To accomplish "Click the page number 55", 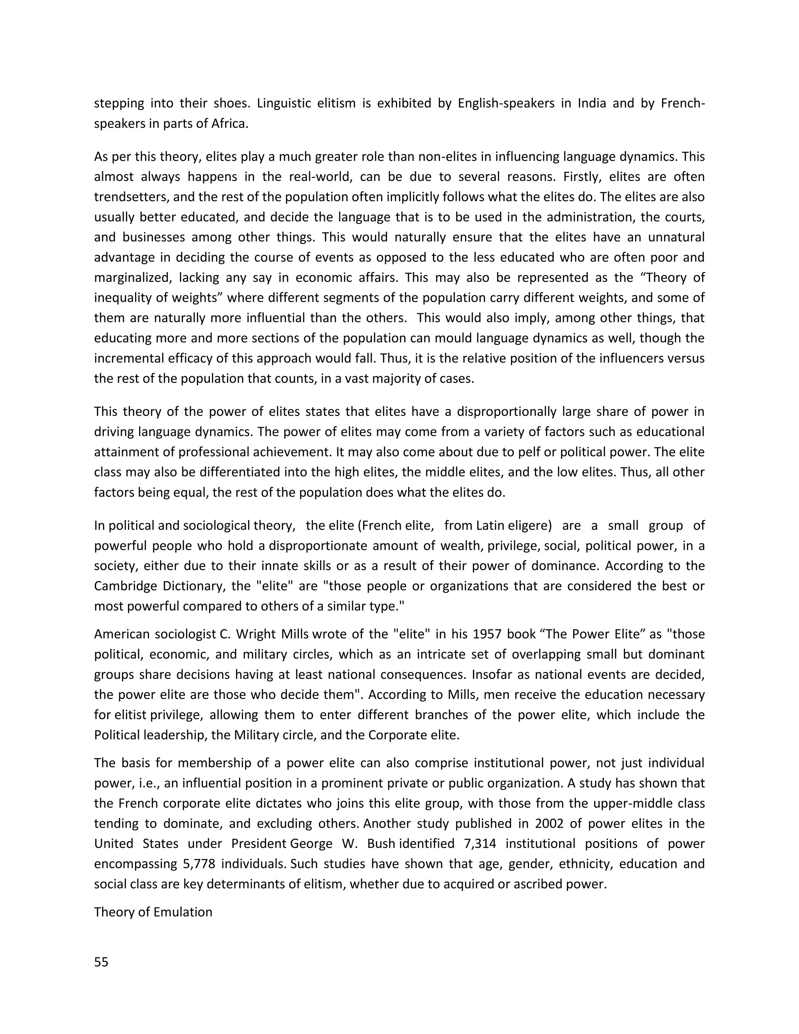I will pyautogui.click(x=101, y=962).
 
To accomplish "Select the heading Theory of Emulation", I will pyautogui.click(x=153, y=912).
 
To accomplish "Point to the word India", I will pyautogui.click(x=592, y=103).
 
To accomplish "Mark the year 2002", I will pyautogui.click(x=549, y=823).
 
